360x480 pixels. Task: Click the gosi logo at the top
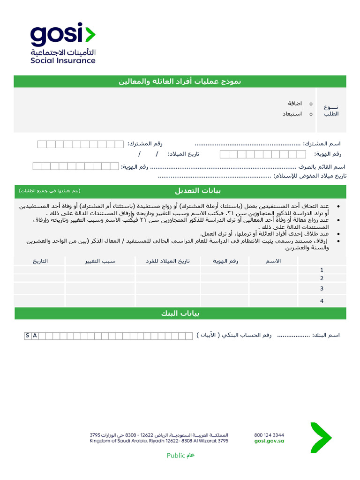tap(63, 43)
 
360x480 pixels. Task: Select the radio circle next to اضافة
tap(311, 103)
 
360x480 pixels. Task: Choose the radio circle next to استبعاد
tap(311, 114)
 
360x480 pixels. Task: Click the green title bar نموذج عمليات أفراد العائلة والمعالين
tap(180, 82)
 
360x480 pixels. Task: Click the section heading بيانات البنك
tap(180, 314)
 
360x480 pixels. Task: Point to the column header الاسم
tap(273, 261)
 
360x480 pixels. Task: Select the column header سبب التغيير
tap(100, 261)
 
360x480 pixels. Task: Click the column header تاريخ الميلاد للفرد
tap(168, 261)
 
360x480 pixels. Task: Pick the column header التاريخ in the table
tap(40, 261)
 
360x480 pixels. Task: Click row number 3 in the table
tap(322, 289)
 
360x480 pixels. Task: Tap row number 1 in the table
tap(322, 270)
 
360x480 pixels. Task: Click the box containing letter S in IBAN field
tap(28, 336)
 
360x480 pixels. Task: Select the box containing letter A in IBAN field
tap(35, 336)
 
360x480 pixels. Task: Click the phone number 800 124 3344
tap(269, 435)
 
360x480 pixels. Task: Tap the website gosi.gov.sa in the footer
tap(269, 441)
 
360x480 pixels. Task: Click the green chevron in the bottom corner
tap(321, 438)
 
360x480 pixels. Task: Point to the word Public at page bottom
tap(176, 456)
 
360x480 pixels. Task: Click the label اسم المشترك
tap(322, 144)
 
